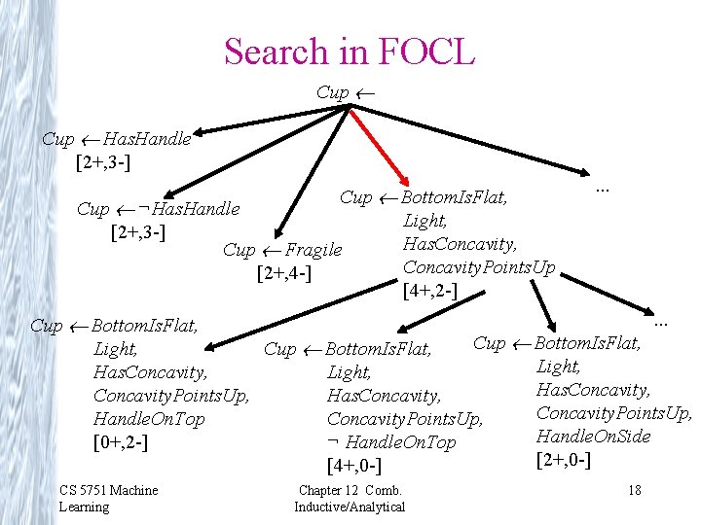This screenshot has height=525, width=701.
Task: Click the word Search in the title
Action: pyautogui.click(x=277, y=52)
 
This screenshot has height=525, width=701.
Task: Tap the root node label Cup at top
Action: pyautogui.click(x=333, y=92)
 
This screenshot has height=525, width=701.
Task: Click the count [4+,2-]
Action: pyautogui.click(x=429, y=290)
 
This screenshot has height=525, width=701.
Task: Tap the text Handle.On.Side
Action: pyautogui.click(x=593, y=436)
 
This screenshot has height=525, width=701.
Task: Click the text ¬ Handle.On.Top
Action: pyautogui.click(x=391, y=442)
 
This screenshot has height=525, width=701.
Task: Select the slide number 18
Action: pyautogui.click(x=634, y=490)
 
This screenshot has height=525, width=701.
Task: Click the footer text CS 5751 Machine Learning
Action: pyautogui.click(x=107, y=498)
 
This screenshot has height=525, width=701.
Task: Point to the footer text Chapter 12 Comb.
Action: pyautogui.click(x=350, y=490)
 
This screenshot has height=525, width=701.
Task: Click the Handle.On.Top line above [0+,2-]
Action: pyautogui.click(x=149, y=419)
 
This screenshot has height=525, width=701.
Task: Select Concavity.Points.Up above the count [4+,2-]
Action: pyautogui.click(x=479, y=266)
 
